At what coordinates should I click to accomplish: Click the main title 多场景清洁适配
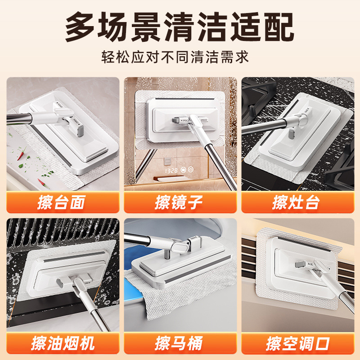coord(180,27)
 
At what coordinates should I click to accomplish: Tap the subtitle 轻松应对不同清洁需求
coord(180,58)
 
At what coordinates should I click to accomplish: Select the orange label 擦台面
coord(63,202)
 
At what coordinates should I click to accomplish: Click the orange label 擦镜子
coord(180,202)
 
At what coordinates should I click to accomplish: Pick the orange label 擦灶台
coord(297,202)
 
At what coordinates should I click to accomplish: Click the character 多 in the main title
coord(81,27)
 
